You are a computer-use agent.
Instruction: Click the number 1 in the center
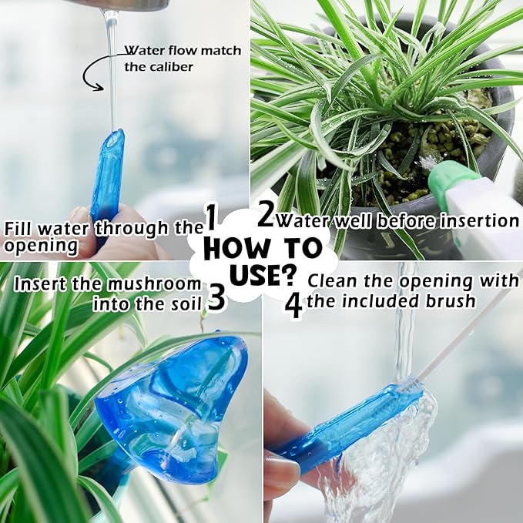tap(212, 219)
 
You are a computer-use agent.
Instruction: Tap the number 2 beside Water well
tap(266, 215)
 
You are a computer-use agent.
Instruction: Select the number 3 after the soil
tap(216, 297)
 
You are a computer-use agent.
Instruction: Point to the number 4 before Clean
tap(293, 305)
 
